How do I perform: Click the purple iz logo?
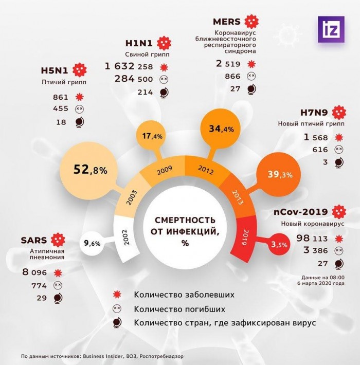331,29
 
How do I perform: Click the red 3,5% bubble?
279,244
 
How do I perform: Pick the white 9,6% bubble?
92,243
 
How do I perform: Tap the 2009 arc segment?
163,170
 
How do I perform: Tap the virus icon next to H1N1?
164,43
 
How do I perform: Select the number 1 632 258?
129,67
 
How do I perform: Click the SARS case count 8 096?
34,272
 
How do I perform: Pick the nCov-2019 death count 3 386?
316,250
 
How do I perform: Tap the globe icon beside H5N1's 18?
80,122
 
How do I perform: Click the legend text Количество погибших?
179,309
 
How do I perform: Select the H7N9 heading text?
314,113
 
